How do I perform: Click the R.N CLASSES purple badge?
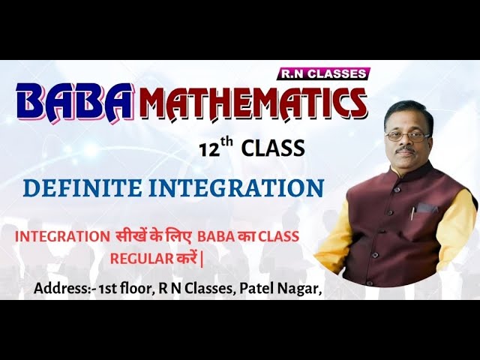point(325,73)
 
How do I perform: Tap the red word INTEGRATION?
point(62,236)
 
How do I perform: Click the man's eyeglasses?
point(408,136)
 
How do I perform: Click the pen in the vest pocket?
point(412,212)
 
